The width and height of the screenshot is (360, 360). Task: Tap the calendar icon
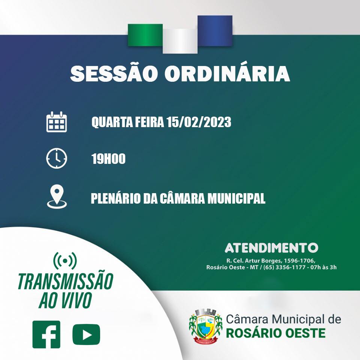[57, 121]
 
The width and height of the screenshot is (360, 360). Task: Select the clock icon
[57, 158]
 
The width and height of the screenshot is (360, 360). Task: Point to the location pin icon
[57, 196]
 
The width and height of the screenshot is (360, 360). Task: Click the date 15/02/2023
[199, 122]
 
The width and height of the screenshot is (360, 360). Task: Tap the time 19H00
[108, 159]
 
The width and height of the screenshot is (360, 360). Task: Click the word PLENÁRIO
[115, 198]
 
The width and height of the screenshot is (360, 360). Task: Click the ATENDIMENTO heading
[271, 248]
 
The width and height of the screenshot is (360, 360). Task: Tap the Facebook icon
[46, 334]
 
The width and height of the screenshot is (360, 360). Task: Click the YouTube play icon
[86, 334]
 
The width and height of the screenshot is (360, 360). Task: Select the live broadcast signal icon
[65, 261]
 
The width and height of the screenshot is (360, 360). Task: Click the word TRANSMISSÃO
[65, 282]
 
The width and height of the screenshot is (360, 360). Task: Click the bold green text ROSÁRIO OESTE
[276, 333]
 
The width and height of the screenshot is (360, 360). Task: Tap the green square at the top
[145, 35]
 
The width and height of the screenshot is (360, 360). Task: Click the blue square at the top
[215, 30]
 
